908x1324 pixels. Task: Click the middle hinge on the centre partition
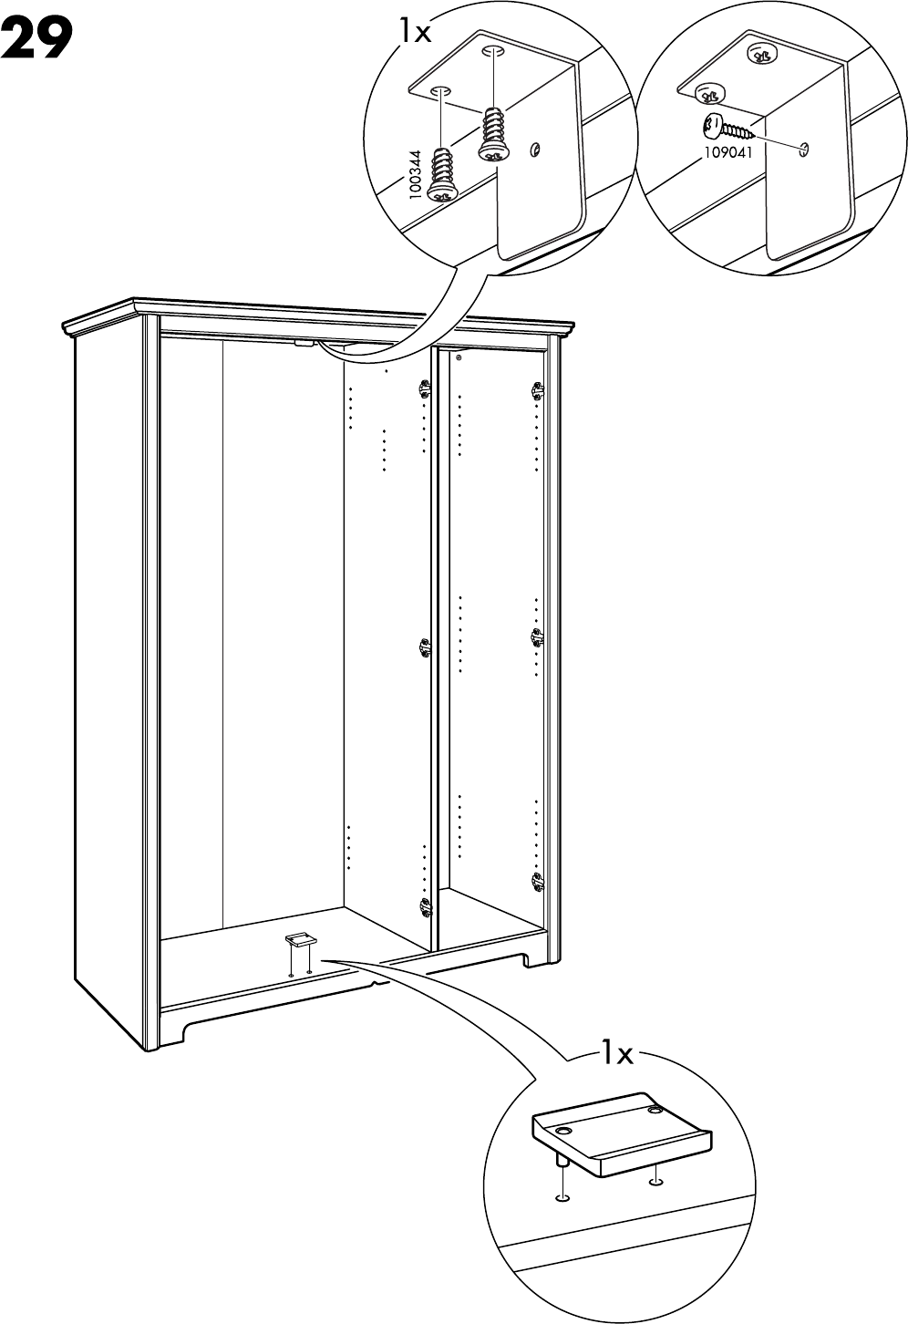pyautogui.click(x=424, y=647)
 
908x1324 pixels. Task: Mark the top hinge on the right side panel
pyautogui.click(x=536, y=389)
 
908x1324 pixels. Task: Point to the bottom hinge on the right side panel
pyautogui.click(x=536, y=880)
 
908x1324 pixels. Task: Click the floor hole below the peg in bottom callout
pyautogui.click(x=563, y=1195)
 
